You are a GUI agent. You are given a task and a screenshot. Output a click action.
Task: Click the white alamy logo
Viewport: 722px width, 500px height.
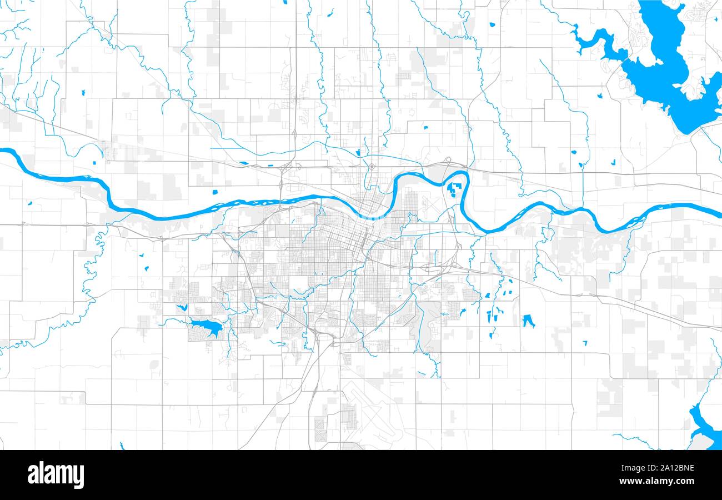pos(56,475)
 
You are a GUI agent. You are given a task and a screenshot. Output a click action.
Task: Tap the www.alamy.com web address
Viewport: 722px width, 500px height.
pos(665,481)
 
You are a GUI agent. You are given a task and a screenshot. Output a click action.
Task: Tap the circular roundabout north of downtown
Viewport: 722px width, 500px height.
pos(371,167)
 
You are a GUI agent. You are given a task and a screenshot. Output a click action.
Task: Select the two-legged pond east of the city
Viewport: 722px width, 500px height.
pos(528,321)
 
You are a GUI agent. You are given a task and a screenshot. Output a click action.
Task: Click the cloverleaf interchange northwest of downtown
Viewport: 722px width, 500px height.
pos(285,167)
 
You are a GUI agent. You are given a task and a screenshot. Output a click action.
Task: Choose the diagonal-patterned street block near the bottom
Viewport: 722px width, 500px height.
pos(321,428)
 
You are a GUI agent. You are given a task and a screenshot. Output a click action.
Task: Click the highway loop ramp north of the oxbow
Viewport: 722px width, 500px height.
pos(448,163)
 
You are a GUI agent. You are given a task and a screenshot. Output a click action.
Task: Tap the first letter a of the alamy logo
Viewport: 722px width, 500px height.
pos(32,476)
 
